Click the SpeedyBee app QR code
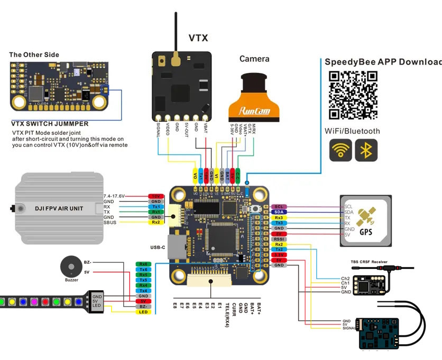click(x=353, y=95)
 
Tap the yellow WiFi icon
click(x=340, y=150)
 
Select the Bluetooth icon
click(x=366, y=150)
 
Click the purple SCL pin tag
click(x=279, y=207)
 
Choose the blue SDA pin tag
click(x=279, y=212)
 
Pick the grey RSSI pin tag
click(x=279, y=239)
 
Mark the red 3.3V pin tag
click(x=279, y=255)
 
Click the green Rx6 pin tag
click(x=143, y=264)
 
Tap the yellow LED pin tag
click(x=143, y=312)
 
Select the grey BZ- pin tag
click(x=143, y=307)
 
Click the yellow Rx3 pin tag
click(x=279, y=217)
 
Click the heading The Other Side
click(x=34, y=54)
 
